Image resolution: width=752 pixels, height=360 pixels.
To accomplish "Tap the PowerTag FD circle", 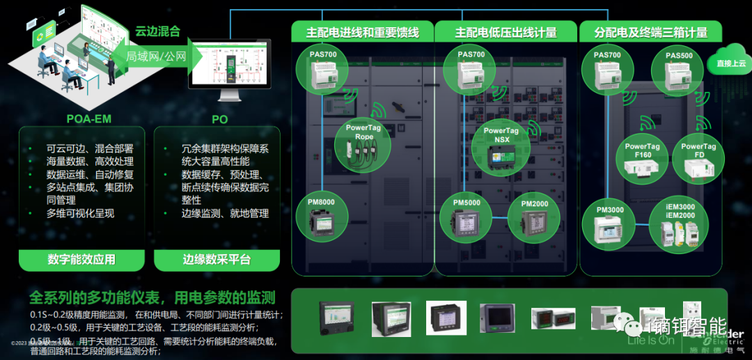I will coord(698,159).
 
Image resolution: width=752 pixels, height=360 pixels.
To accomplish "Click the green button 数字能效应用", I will coord(81,260).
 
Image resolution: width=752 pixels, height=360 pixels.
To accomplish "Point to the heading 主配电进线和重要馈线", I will coord(363,32).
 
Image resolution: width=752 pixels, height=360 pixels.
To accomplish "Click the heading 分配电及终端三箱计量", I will coord(651,32).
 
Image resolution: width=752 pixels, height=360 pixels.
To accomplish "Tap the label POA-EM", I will coord(82,119).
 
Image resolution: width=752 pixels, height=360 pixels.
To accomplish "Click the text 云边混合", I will coord(157,31).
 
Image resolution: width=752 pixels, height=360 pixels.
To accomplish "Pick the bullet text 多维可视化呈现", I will coord(80,214).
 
